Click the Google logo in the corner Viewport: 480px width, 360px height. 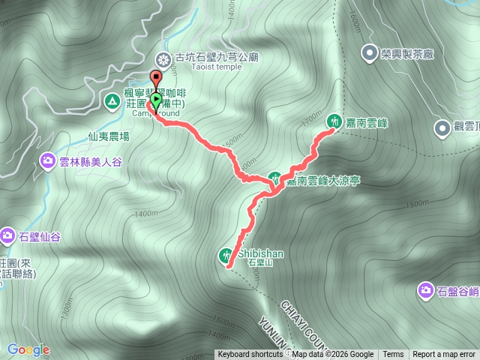pos(28,349)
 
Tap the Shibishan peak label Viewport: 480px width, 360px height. pos(261,254)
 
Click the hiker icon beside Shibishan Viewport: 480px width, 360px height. pos(227,255)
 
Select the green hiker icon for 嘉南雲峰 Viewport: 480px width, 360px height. pos(333,121)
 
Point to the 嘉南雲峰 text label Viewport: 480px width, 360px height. pos(366,121)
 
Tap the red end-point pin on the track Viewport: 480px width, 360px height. pos(156,78)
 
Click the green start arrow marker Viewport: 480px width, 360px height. pos(155,99)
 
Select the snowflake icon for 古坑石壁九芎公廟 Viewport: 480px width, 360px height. pos(163,59)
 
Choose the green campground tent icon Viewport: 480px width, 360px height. pos(112,100)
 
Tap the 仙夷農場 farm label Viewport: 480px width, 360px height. pos(109,136)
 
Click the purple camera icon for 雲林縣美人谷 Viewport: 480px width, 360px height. pos(47,160)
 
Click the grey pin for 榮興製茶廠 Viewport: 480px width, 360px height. pos(369,52)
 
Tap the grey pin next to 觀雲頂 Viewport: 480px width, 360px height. pos(442,127)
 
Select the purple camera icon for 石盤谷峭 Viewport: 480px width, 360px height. pos(426,289)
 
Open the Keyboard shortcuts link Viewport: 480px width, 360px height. pos(250,355)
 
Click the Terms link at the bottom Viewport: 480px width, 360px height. pos(393,355)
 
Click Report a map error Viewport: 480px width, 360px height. pos(445,355)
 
